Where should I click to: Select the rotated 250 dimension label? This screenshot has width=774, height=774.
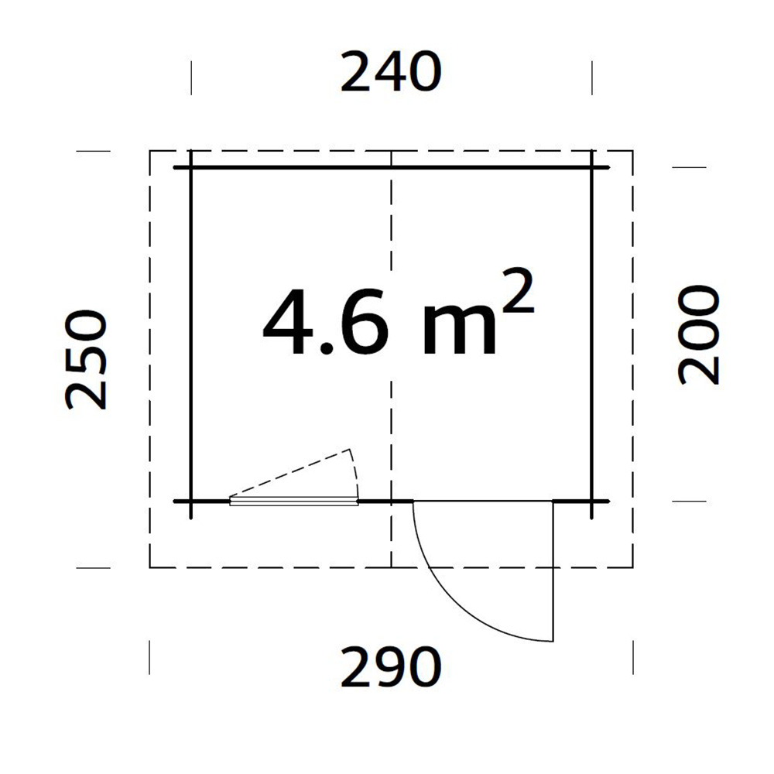click(x=86, y=360)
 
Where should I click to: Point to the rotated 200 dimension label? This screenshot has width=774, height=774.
click(x=699, y=334)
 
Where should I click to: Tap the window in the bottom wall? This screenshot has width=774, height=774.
click(x=294, y=502)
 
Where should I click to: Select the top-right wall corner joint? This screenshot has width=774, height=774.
click(x=592, y=167)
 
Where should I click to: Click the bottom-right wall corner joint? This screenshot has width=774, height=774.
click(x=592, y=502)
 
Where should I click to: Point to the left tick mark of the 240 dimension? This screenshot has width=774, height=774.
click(x=191, y=77)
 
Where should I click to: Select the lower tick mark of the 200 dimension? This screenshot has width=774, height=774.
click(x=689, y=502)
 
